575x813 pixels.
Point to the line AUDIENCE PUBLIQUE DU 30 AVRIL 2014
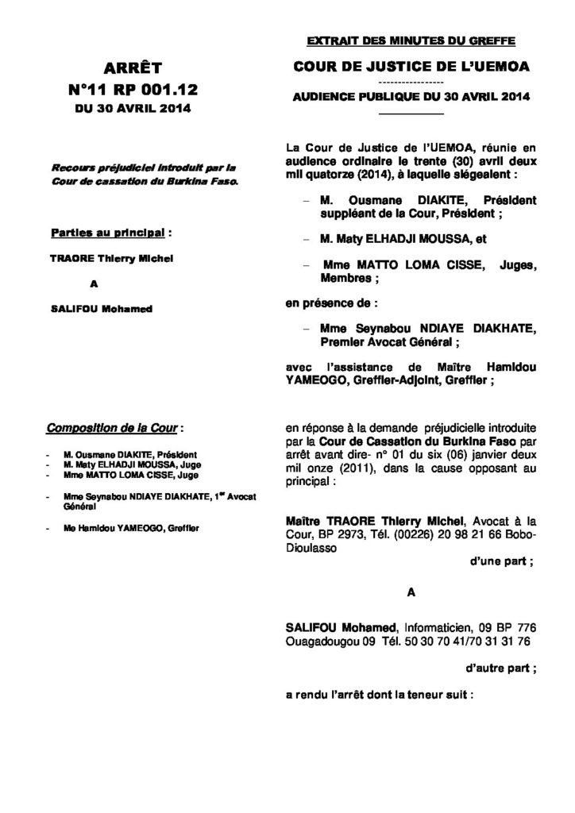click(409, 96)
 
